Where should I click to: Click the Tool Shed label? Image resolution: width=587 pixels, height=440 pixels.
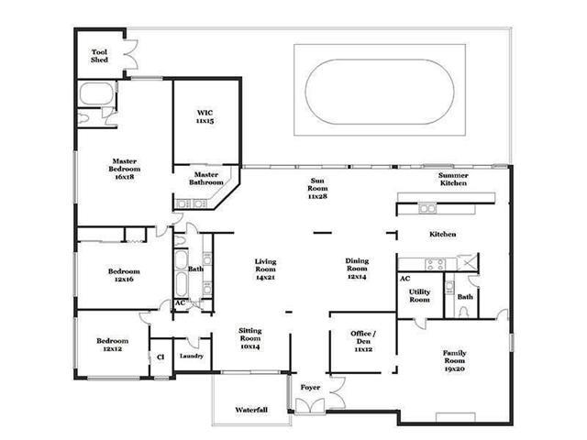(100, 56)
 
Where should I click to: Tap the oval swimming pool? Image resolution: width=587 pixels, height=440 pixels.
(380, 92)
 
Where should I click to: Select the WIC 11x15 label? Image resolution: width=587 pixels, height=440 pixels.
(205, 116)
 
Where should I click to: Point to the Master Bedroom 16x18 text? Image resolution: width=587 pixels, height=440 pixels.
(125, 169)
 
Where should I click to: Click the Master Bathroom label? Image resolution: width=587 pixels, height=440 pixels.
(206, 179)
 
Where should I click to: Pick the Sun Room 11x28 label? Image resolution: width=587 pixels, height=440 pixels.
(317, 189)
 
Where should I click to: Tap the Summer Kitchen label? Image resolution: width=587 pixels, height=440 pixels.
(453, 180)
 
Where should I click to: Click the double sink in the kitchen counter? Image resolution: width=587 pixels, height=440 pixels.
(427, 208)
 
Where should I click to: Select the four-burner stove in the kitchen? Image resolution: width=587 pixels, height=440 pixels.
(437, 265)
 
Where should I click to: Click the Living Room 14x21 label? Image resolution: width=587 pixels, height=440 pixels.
(265, 269)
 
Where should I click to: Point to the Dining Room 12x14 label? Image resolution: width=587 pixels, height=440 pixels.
(357, 269)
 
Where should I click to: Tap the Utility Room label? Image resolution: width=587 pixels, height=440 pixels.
(419, 295)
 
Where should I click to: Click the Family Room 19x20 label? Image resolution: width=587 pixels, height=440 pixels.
(454, 360)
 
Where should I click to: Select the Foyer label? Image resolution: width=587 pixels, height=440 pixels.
(310, 388)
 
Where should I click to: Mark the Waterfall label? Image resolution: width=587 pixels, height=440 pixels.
(251, 410)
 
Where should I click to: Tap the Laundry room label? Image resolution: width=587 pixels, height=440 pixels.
(192, 356)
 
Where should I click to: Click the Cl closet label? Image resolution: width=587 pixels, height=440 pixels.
(161, 357)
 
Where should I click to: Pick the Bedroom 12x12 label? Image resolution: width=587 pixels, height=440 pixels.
(112, 345)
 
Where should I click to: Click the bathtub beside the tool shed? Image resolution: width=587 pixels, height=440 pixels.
(96, 93)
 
